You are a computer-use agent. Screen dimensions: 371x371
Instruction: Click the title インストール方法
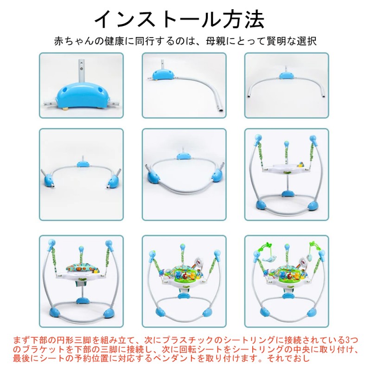[x=179, y=19]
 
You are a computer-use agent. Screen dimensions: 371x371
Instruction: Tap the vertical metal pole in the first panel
[x=81, y=70]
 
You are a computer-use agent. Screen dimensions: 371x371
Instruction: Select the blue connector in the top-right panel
[x=287, y=76]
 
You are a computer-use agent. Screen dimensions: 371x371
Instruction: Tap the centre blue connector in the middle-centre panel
[x=183, y=156]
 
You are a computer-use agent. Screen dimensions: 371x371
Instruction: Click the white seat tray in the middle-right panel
[x=286, y=168]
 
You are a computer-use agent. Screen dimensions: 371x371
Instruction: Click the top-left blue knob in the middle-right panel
[x=258, y=138]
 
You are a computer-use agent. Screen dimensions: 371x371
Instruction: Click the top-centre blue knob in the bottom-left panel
[x=81, y=249]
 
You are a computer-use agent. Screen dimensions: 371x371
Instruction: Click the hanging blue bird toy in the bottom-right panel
[x=270, y=260]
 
